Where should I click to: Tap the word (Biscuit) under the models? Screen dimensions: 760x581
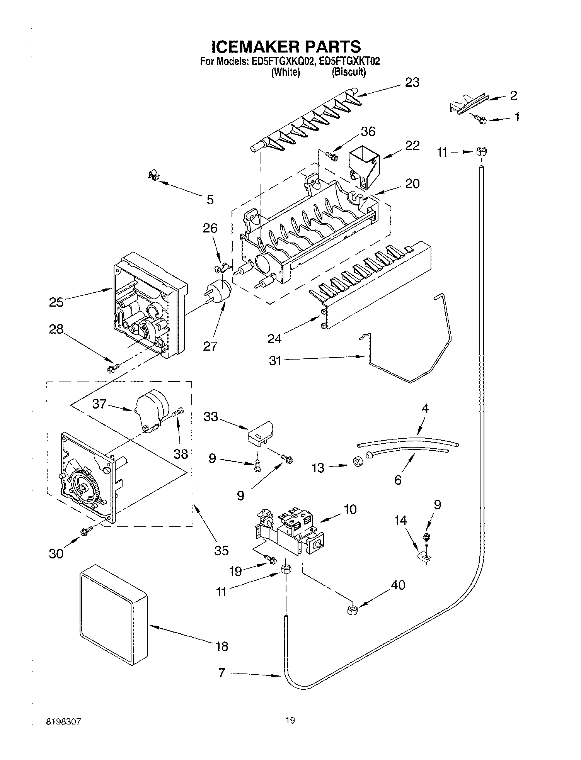coord(349,72)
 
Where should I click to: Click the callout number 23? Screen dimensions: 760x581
coord(412,83)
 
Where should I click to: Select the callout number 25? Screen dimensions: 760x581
coord(56,302)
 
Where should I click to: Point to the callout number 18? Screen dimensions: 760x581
coord(221,646)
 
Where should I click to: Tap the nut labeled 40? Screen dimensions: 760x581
coord(352,610)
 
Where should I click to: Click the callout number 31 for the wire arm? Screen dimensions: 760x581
coord(275,361)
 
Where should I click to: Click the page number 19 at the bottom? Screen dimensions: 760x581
coord(290,720)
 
